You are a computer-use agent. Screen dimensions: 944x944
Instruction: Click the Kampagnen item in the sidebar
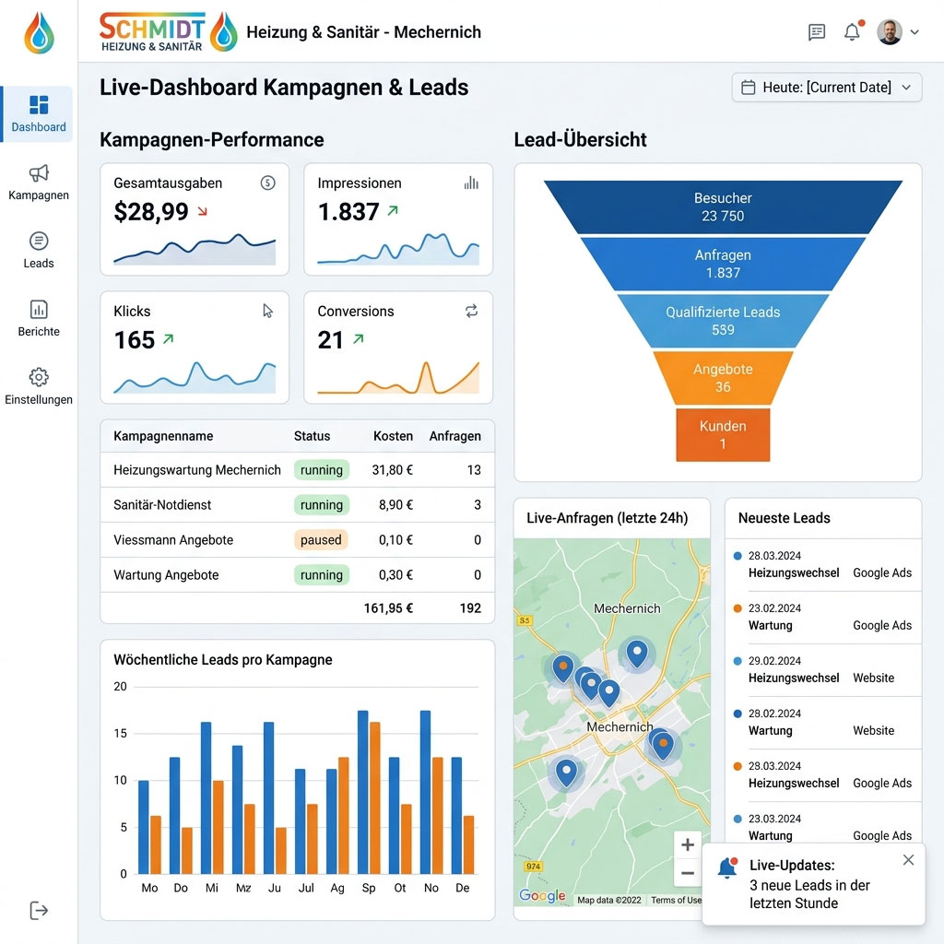click(x=39, y=182)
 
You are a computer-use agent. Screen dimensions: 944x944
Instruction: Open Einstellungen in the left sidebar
click(x=39, y=385)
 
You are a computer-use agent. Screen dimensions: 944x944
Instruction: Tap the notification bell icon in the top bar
click(x=852, y=32)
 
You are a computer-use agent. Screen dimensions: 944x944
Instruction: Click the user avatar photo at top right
click(x=889, y=32)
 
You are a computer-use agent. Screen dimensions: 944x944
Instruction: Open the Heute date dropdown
click(x=827, y=88)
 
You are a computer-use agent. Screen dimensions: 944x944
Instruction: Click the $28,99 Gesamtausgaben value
click(x=151, y=212)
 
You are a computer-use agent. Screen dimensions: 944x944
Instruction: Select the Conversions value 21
click(x=331, y=340)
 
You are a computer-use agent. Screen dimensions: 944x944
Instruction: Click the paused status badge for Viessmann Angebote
click(x=321, y=540)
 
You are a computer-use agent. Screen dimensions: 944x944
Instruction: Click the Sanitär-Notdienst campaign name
click(x=162, y=505)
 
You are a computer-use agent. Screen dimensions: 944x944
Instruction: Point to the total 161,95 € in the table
click(x=388, y=608)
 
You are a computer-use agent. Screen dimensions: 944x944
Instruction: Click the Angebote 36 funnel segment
click(x=723, y=378)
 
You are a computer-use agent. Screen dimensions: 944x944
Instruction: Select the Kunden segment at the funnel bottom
click(x=723, y=435)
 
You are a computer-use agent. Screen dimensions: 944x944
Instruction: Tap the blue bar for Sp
click(x=363, y=793)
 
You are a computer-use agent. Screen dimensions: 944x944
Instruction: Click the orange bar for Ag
click(x=344, y=816)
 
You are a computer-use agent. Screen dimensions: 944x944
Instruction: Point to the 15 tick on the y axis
click(x=120, y=733)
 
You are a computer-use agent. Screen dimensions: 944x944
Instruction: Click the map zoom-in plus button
click(x=688, y=844)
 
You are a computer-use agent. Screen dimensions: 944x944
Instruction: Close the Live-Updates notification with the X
click(x=908, y=860)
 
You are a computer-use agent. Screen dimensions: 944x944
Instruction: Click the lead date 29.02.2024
click(x=774, y=661)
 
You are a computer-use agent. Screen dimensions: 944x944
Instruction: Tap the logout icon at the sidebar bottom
click(x=39, y=911)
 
